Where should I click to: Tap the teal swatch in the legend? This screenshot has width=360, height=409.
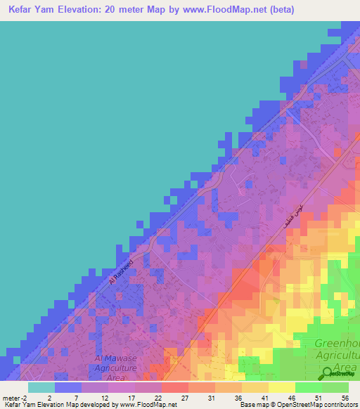[x=41, y=387]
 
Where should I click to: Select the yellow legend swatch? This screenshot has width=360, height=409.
[x=282, y=387]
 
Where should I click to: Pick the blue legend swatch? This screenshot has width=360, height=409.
[x=68, y=387]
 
